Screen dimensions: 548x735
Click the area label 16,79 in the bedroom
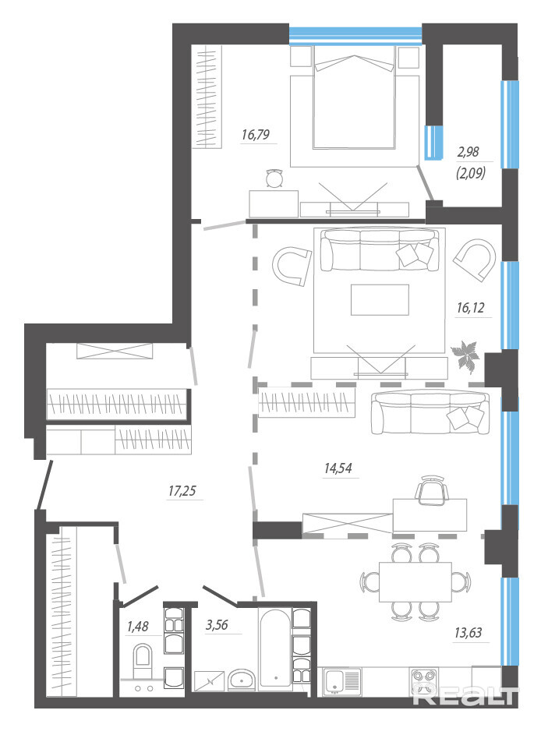click(256, 135)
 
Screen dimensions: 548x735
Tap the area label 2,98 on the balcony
click(468, 152)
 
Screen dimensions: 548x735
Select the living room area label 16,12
click(470, 308)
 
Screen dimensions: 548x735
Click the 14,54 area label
click(338, 468)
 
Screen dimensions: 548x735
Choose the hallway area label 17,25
click(182, 491)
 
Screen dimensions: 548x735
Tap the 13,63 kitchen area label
click(468, 633)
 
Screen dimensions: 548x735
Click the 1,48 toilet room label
click(137, 626)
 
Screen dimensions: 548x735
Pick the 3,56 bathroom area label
click(217, 625)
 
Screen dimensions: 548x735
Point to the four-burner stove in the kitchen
click(424, 682)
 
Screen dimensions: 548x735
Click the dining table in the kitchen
click(415, 581)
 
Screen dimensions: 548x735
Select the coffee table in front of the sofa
click(380, 299)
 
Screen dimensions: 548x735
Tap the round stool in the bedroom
click(274, 178)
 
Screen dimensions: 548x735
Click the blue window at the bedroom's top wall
click(355, 36)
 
